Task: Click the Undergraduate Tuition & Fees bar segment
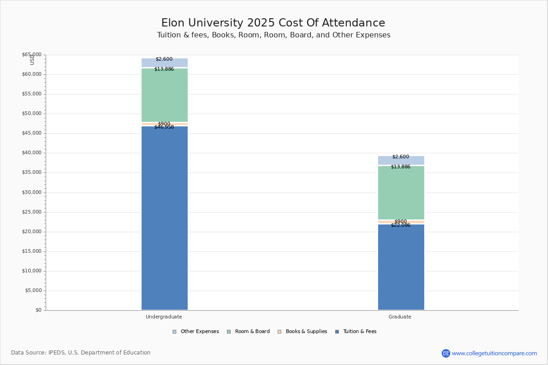164,219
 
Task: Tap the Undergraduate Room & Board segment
164,96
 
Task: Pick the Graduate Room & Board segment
401,193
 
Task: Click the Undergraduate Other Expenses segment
164,63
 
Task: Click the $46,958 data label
164,127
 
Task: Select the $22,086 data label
400,225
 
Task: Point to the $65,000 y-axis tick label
32,55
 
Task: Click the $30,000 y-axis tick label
32,193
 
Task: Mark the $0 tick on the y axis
38,310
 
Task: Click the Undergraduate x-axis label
164,317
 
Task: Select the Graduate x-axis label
400,317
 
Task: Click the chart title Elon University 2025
273,23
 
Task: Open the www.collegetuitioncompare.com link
494,353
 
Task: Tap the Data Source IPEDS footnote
81,353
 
